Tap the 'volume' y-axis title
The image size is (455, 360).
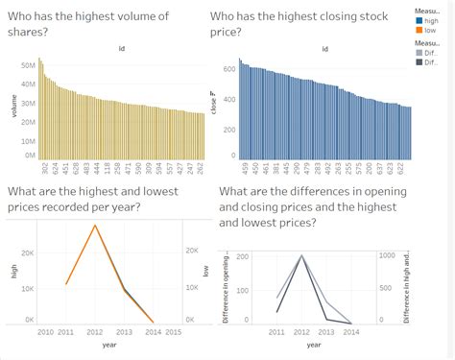14,106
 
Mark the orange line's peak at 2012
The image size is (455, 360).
94,226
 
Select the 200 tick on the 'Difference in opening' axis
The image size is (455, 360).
242,256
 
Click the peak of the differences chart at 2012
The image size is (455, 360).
302,256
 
